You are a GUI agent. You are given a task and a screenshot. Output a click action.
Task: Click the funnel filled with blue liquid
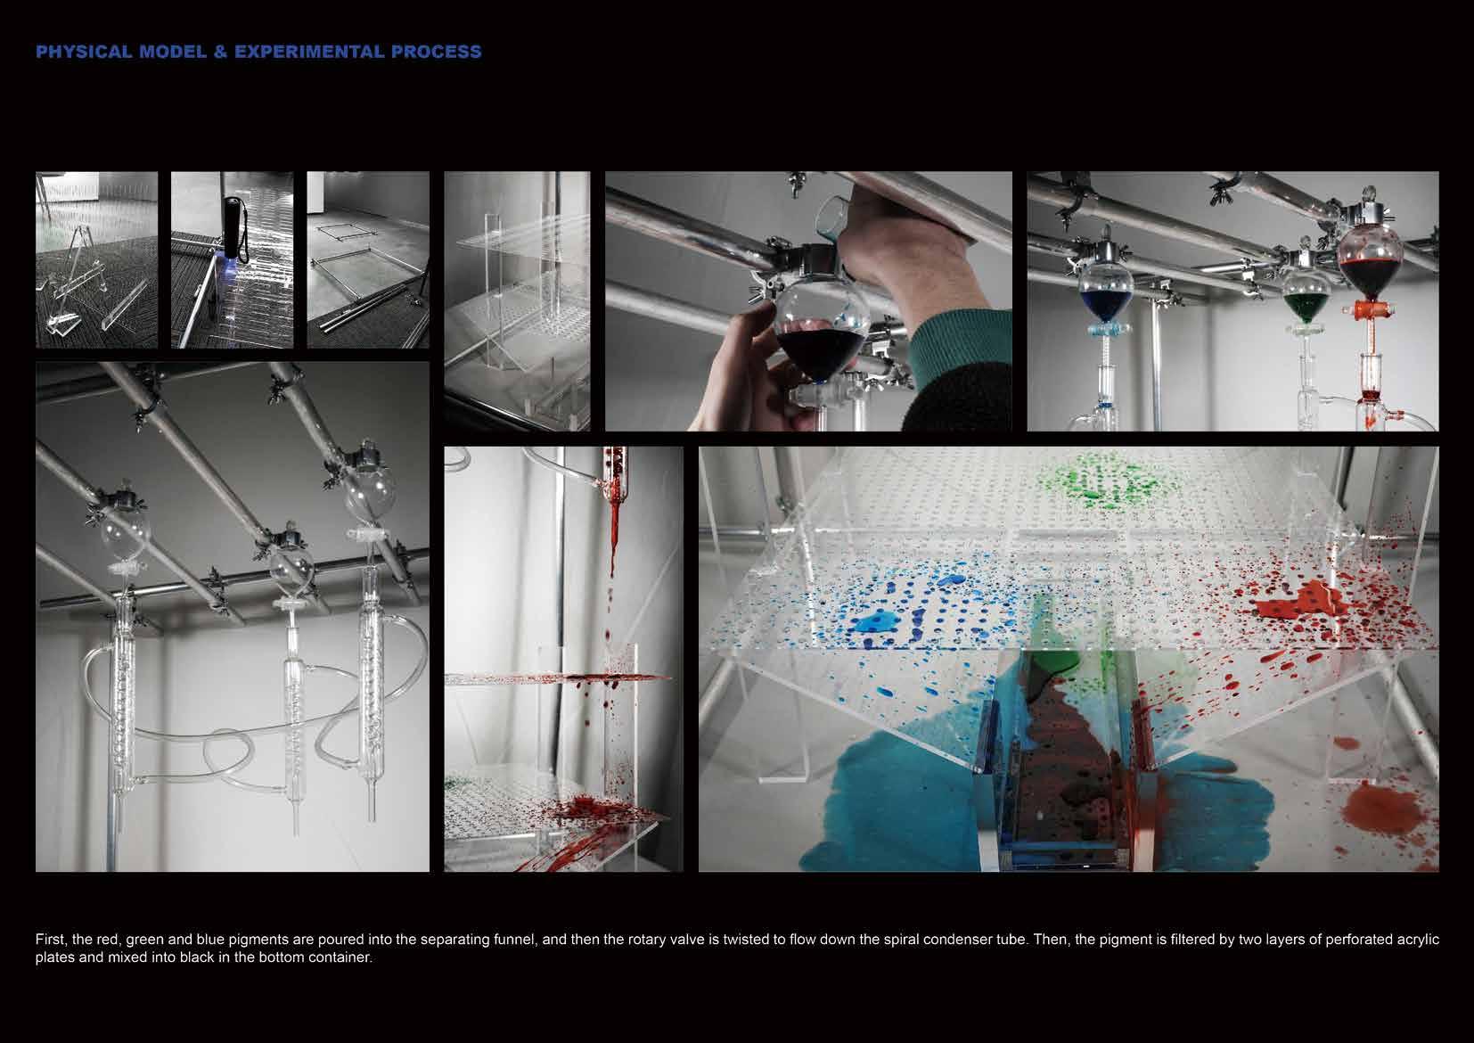[1105, 292]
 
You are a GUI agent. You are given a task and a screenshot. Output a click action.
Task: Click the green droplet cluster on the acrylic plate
[1098, 481]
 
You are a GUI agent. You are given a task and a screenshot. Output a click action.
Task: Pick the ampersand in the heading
[220, 52]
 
